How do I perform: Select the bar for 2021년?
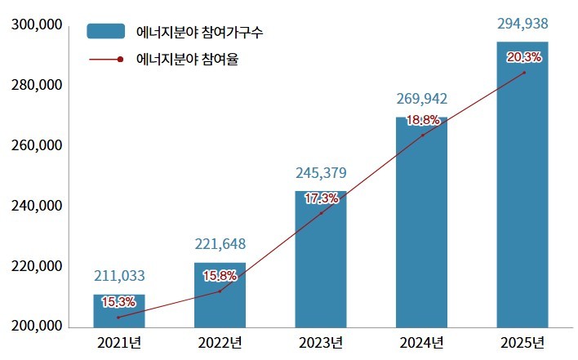tap(119, 311)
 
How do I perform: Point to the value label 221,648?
tap(220, 244)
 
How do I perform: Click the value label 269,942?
tap(422, 99)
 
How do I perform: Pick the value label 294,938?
tap(522, 24)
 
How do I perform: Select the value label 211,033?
tap(119, 276)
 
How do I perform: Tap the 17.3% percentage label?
tap(320, 198)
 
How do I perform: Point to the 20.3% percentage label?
tap(523, 56)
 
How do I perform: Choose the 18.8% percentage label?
tap(423, 120)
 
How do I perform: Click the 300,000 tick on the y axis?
tap(38, 25)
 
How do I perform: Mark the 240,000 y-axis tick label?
tap(38, 207)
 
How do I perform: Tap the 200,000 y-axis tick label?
tap(38, 327)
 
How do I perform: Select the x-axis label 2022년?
tap(220, 341)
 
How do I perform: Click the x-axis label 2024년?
tap(422, 341)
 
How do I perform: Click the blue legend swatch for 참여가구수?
tap(106, 32)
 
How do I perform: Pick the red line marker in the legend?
tap(120, 59)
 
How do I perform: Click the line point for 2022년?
tap(220, 291)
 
